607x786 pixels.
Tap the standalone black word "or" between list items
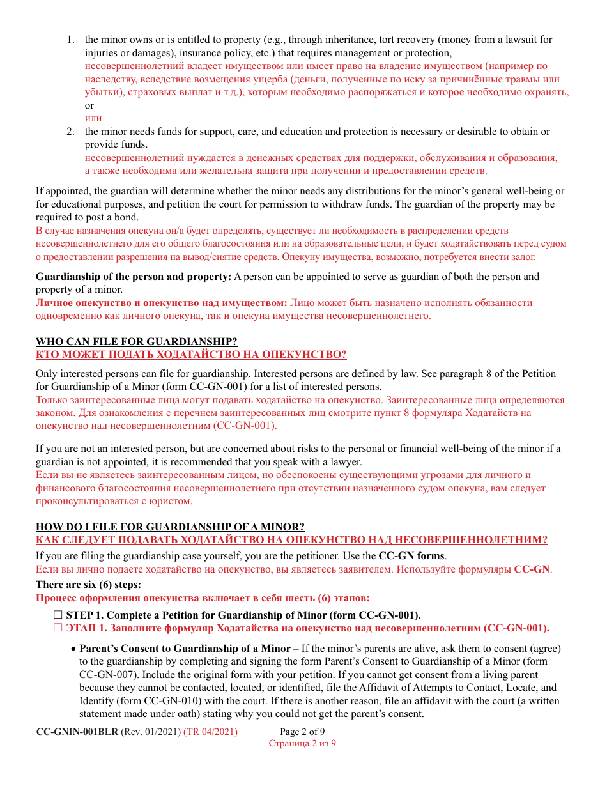89,105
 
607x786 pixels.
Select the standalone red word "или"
93,118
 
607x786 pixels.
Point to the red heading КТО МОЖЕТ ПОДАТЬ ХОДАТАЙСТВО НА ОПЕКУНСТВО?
191,355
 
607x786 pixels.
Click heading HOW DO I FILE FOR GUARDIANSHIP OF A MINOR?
170,527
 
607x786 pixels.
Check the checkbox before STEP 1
58,615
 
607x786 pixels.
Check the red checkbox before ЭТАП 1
58,628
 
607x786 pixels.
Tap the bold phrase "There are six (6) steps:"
88,585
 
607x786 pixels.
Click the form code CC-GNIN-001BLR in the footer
77,732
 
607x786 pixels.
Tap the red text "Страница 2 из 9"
302,743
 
